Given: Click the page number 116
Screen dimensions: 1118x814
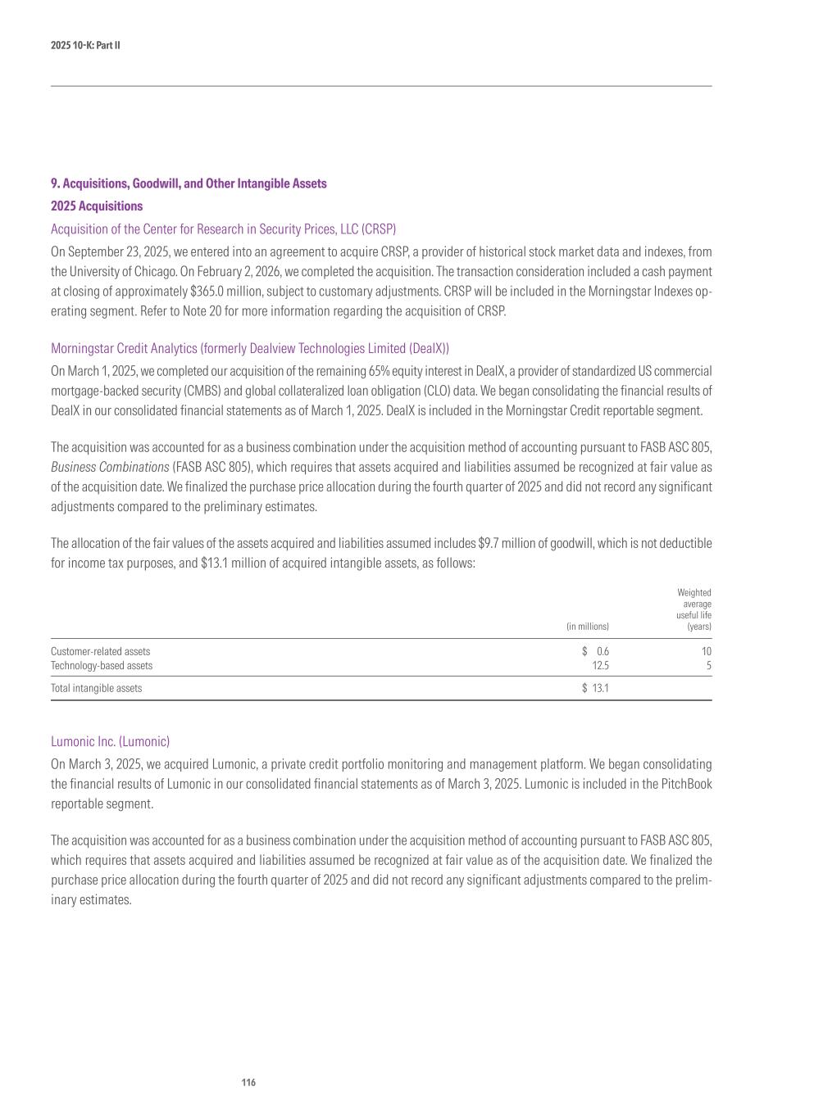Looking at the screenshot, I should [x=248, y=1083].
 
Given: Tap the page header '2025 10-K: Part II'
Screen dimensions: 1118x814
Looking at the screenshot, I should [x=85, y=45].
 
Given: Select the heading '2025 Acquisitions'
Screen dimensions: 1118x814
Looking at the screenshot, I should [x=97, y=206].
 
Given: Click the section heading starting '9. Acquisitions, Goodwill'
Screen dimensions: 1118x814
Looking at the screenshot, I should [x=189, y=183].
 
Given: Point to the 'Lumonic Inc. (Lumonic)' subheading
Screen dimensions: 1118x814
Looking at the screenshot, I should [x=110, y=741].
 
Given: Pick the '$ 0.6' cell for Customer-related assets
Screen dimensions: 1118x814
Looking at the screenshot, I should [x=596, y=651].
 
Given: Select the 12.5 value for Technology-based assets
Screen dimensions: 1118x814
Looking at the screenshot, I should [x=600, y=666].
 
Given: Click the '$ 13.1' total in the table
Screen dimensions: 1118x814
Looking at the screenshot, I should [x=596, y=688].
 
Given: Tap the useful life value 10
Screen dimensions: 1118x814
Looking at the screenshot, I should [x=706, y=651].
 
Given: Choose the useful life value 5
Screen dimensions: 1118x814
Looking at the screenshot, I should [x=708, y=666].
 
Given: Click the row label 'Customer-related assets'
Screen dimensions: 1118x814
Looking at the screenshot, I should [x=101, y=651].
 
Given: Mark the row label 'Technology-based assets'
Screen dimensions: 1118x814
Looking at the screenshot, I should [x=102, y=666].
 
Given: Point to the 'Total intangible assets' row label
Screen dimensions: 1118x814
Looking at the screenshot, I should [x=96, y=688].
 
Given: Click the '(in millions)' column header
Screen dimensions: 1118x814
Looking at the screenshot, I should [x=588, y=627].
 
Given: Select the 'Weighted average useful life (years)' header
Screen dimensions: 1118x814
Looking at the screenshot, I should [x=694, y=609].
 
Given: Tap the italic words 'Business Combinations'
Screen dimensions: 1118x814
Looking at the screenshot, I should [x=110, y=467].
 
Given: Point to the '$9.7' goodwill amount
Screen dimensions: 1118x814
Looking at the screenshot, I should [x=490, y=543].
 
